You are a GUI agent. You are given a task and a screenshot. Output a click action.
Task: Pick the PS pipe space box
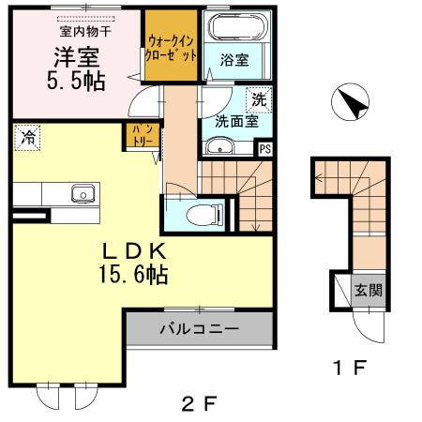[x=264, y=147]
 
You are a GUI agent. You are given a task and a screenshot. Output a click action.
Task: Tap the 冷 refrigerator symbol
[x=27, y=139]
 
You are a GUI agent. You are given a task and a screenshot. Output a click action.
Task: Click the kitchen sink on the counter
[x=81, y=195]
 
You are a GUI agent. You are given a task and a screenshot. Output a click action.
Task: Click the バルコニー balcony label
[x=198, y=330]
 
